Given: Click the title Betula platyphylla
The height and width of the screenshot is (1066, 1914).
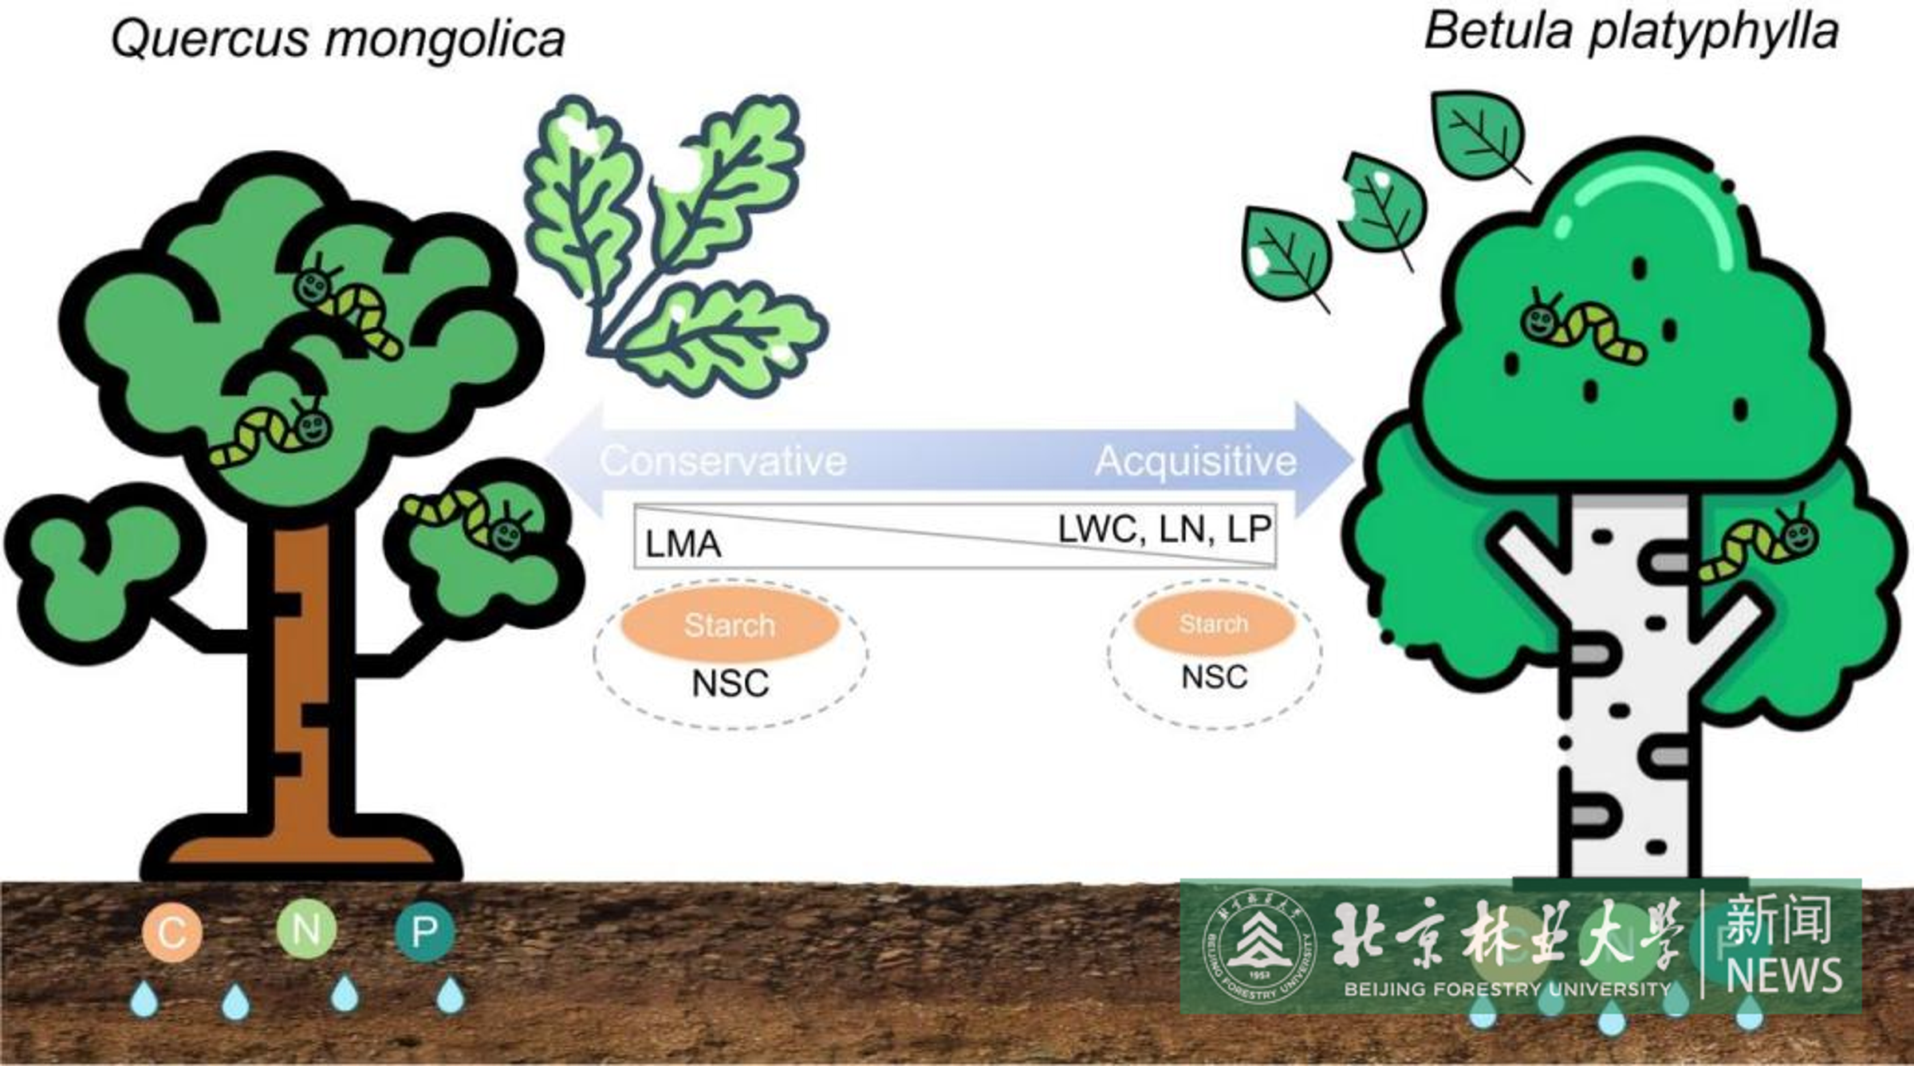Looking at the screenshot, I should coord(1631,33).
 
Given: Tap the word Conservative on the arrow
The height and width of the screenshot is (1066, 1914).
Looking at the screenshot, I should coord(723,461).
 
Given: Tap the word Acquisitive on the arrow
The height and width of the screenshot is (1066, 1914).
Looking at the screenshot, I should coord(1195,461).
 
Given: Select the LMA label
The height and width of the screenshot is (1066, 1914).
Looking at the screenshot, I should coord(683,545).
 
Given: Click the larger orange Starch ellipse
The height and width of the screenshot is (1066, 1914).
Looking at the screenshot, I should coord(730,624).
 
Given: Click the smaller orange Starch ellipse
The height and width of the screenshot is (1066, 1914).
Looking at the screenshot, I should coord(1214,623).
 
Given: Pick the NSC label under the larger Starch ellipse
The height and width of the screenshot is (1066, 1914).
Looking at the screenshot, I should coord(730,683).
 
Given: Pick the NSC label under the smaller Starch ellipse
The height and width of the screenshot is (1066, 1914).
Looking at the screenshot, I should coord(1214,677).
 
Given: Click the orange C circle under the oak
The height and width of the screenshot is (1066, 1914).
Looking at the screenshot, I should coord(172,932).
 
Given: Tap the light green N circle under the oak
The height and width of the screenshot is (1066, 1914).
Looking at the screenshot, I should coord(305,929).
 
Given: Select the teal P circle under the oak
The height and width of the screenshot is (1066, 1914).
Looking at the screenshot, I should coord(424,930).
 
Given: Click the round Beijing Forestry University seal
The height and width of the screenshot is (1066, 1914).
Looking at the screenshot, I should coord(1259,946).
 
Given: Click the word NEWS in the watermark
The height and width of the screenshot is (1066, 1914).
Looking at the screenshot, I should coord(1783,974).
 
